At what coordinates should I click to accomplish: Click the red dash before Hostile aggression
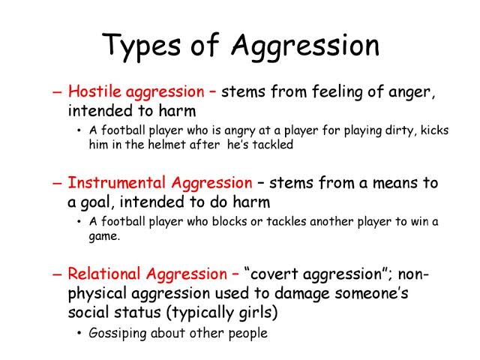click(x=58, y=92)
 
